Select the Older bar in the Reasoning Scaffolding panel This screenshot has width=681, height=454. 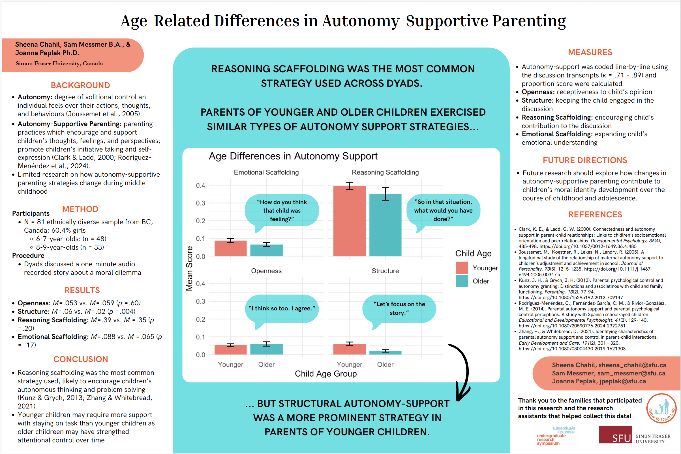[x=385, y=225]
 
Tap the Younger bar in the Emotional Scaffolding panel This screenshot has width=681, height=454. [x=230, y=248]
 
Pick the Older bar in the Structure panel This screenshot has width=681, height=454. [x=385, y=353]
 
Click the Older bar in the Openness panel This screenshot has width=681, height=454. [x=266, y=349]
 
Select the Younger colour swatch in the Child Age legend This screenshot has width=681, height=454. [x=462, y=268]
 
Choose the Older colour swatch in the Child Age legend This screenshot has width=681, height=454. [x=462, y=281]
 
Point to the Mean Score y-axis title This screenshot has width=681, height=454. [x=189, y=268]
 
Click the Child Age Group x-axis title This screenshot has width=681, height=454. [x=325, y=373]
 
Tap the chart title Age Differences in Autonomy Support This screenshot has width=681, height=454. [x=293, y=156]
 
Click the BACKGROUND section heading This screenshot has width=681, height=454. [x=80, y=85]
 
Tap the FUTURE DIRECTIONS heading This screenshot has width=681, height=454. [x=585, y=160]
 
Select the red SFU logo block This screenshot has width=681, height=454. [x=615, y=434]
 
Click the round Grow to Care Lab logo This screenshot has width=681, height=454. [x=661, y=408]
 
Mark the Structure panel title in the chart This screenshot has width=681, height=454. [x=385, y=271]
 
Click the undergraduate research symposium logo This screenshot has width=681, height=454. [x=556, y=435]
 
